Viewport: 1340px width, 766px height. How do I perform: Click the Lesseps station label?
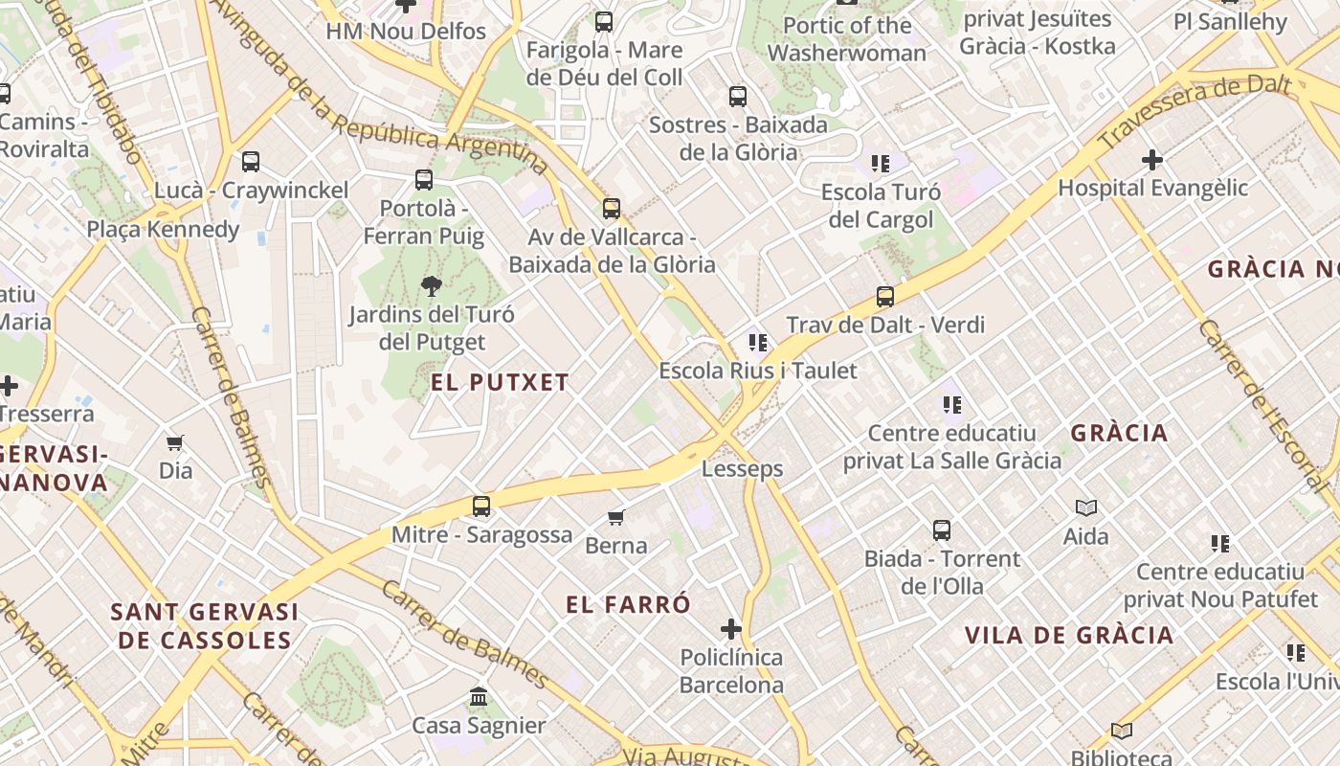(x=742, y=469)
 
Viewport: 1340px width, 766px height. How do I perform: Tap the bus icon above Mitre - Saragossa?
(x=481, y=507)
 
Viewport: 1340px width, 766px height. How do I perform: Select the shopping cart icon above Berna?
(x=616, y=518)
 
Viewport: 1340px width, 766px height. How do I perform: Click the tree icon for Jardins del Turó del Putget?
(x=431, y=285)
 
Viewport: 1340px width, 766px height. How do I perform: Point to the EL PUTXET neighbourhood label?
(x=500, y=383)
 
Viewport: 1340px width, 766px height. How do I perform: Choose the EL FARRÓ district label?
(x=628, y=605)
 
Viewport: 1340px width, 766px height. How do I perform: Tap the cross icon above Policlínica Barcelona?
(x=731, y=629)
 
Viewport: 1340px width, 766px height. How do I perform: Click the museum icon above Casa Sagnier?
(x=479, y=697)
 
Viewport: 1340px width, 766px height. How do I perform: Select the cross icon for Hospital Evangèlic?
(x=1152, y=159)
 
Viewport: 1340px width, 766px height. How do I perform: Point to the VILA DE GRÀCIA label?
(x=1069, y=636)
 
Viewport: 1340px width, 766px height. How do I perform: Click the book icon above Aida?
(x=1086, y=507)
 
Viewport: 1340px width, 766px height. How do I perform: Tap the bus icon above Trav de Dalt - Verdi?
(x=885, y=297)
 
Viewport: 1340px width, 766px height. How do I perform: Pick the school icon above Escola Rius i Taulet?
(x=758, y=342)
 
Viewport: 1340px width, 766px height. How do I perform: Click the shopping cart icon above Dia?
(x=175, y=442)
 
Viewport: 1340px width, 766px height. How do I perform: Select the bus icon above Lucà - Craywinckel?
(x=251, y=162)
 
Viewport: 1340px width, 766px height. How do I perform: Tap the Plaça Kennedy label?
(x=163, y=230)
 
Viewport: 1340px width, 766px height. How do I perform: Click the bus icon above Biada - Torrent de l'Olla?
(x=942, y=529)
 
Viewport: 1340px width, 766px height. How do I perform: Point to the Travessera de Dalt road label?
(x=1196, y=112)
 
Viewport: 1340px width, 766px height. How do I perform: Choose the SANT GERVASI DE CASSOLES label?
(x=205, y=626)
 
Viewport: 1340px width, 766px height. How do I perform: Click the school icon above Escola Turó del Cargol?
(x=881, y=164)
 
